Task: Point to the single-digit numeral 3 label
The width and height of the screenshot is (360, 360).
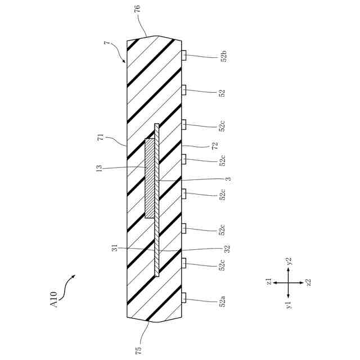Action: [228, 179]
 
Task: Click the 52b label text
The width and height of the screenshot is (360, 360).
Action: [223, 56]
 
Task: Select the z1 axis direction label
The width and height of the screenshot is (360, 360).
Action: [270, 282]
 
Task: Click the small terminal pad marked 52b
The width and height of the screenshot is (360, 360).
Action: [184, 55]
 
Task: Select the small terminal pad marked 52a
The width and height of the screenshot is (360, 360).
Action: [184, 298]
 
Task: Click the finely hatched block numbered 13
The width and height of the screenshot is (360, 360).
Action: [150, 178]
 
